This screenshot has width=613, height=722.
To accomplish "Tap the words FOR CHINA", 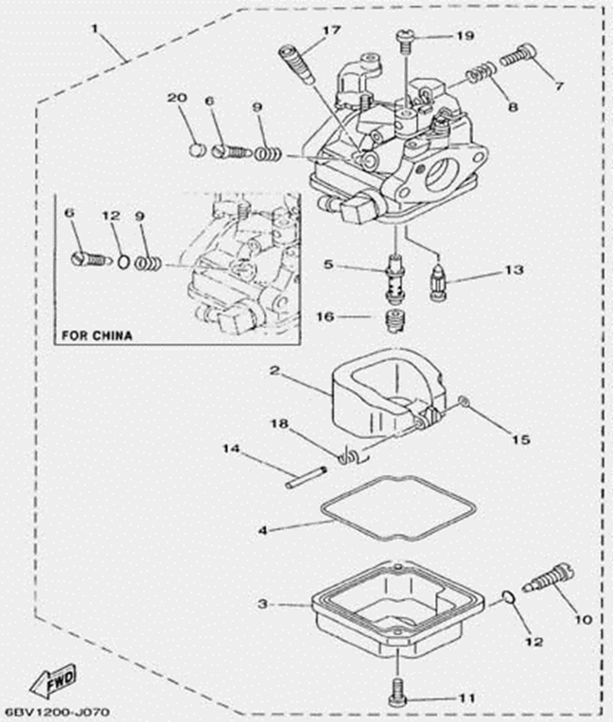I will tap(96, 335).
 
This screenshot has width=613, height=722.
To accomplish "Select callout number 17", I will tap(330, 31).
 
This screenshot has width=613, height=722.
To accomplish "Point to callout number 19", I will tap(464, 36).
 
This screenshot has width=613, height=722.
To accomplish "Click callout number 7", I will tap(559, 86).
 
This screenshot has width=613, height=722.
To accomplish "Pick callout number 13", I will tap(513, 270).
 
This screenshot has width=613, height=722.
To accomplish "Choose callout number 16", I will tap(324, 318).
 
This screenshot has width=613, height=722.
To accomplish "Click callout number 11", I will tap(464, 698).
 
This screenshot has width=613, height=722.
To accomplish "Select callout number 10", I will tap(582, 619).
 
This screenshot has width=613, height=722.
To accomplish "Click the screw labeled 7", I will tap(518, 55).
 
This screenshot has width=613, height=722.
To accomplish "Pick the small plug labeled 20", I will tap(197, 149).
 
